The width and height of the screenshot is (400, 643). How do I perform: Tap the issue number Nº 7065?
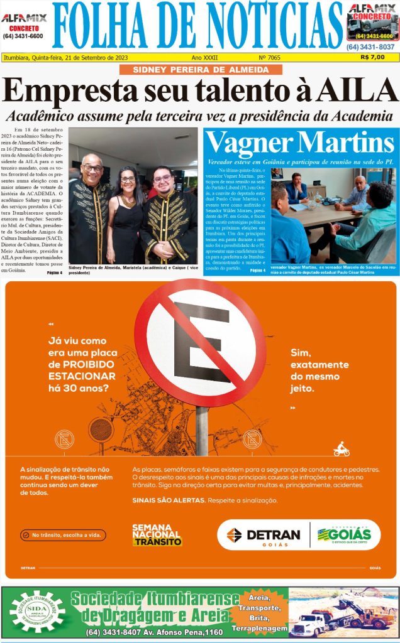[270, 57]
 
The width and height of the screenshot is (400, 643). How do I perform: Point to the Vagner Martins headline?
[301, 143]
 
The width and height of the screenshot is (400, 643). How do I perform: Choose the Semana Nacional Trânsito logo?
[157, 535]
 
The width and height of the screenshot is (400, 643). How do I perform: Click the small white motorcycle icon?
[342, 450]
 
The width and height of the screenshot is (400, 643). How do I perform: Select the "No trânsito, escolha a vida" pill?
[63, 536]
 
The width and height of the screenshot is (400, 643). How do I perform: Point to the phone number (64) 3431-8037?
[370, 46]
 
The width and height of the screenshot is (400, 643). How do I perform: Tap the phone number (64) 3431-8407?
[111, 632]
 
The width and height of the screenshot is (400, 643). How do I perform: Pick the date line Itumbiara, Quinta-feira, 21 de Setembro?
[66, 57]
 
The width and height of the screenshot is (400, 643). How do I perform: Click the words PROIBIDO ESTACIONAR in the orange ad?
[82, 370]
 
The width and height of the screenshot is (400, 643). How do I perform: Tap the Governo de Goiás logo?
[344, 535]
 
